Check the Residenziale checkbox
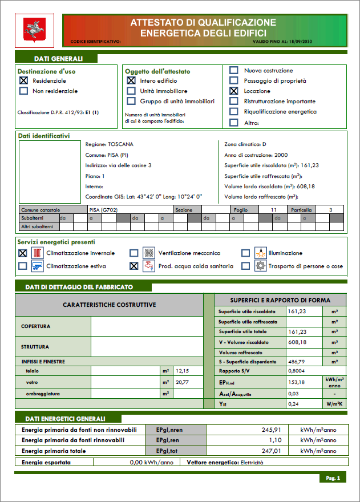click(23, 81)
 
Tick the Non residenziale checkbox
click(23, 91)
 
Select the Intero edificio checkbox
click(131, 81)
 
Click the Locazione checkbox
click(233, 91)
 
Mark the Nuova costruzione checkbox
click(233, 71)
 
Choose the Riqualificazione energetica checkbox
click(233, 112)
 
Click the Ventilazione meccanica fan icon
click(148, 253)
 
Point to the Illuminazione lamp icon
click(260, 253)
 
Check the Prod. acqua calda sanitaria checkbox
click(134, 266)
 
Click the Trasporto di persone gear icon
click(260, 266)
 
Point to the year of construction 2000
click(281, 155)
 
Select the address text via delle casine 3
click(130, 165)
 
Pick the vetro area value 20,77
click(183, 382)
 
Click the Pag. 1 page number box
click(333, 477)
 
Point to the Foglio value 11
click(274, 210)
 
